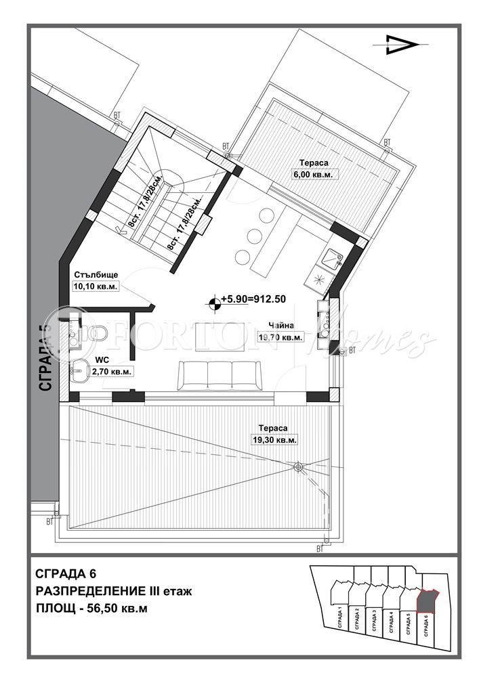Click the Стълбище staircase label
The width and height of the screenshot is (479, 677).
coord(96,275)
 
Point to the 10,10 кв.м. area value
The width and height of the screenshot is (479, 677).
coord(96,286)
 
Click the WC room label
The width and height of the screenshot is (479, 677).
coord(102,360)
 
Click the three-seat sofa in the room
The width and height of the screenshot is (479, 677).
coord(218,375)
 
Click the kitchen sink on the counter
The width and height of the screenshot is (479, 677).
coord(332,258)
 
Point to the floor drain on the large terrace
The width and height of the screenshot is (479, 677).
coord(297,466)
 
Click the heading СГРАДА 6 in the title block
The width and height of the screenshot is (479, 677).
coord(70,574)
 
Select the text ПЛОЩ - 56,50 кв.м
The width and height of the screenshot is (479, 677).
coord(91,607)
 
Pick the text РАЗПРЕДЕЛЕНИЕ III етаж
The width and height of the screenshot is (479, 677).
coord(114,591)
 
